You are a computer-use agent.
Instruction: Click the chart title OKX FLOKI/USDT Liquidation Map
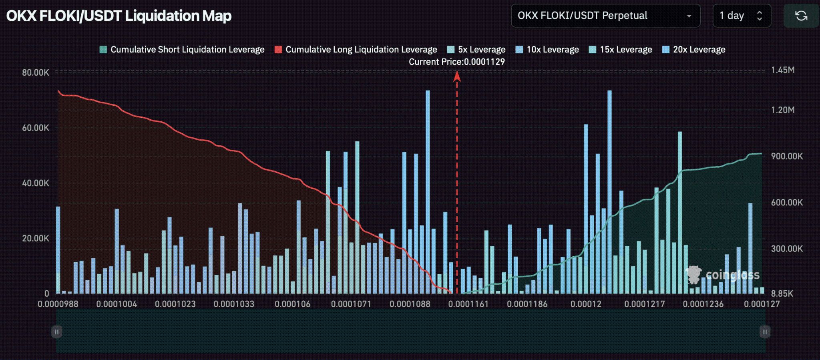click(119, 16)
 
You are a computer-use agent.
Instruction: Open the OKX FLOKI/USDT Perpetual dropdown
click(605, 16)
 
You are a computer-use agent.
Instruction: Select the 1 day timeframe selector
click(741, 16)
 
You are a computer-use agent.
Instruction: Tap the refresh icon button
click(801, 16)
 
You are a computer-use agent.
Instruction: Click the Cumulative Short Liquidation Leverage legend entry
click(183, 50)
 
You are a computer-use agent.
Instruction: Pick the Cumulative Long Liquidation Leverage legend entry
click(356, 50)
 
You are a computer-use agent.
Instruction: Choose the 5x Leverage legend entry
click(476, 50)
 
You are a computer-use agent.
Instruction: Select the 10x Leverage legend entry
click(547, 50)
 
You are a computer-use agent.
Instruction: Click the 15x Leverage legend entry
click(621, 50)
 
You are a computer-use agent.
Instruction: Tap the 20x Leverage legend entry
click(694, 50)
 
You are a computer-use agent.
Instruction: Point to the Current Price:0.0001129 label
click(456, 62)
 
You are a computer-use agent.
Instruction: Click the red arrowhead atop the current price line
click(457, 76)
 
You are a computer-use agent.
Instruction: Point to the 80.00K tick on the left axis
click(36, 72)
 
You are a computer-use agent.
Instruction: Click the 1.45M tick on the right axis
click(783, 70)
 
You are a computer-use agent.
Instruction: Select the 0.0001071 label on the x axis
click(351, 304)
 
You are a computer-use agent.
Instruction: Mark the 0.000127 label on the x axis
click(762, 304)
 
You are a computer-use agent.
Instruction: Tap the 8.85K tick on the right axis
click(782, 294)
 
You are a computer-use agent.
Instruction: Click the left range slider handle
click(56, 332)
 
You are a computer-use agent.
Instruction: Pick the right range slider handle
click(765, 332)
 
